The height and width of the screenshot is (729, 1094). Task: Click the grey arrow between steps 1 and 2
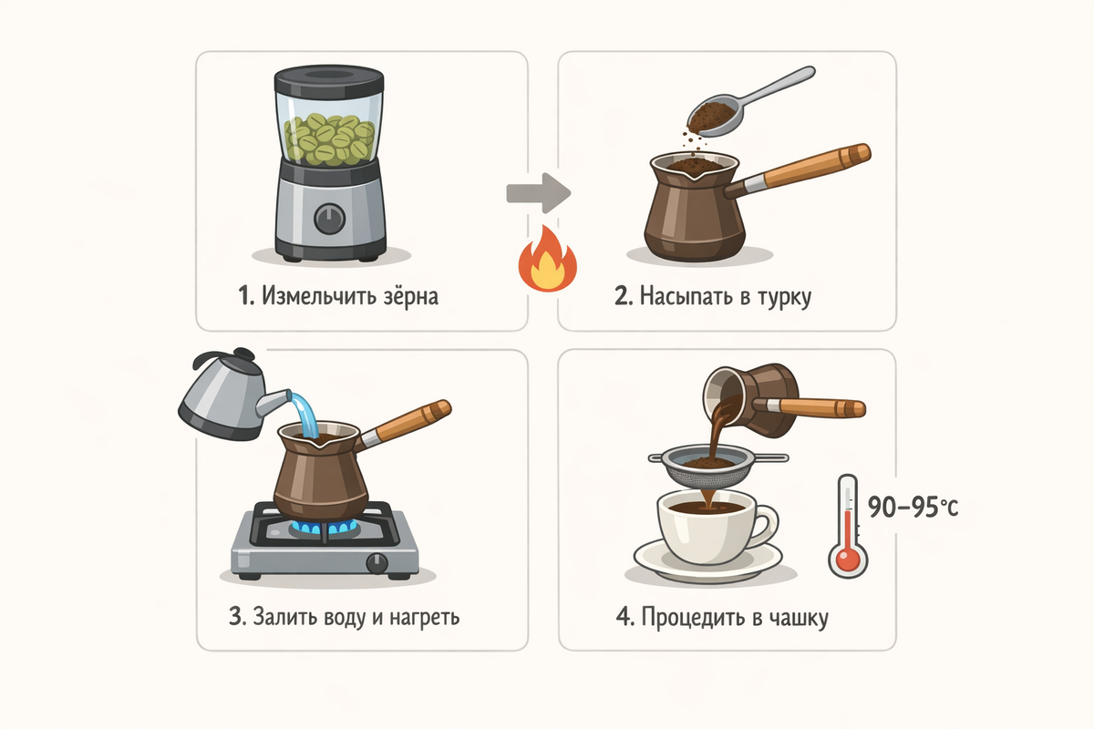point(539,193)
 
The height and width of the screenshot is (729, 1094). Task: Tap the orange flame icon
point(548,260)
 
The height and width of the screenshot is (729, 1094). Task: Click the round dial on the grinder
point(330,219)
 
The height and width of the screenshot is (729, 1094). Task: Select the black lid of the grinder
point(329,80)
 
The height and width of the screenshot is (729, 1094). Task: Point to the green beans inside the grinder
point(329,139)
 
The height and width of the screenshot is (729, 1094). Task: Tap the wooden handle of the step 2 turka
point(810,166)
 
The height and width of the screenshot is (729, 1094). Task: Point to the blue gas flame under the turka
point(324,528)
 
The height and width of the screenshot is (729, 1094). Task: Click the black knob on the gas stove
point(377,563)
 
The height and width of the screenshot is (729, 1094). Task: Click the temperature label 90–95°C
point(913,507)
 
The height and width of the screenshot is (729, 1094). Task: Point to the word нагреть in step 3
point(425,618)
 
